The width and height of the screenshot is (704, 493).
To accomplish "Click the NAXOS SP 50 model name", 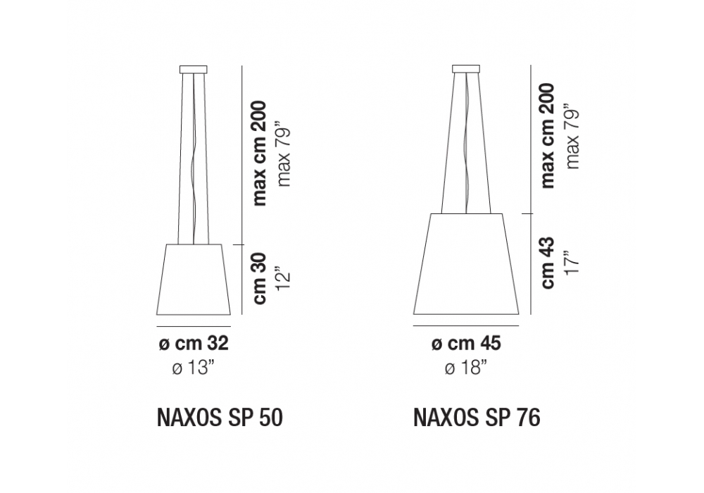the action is pyautogui.click(x=220, y=418).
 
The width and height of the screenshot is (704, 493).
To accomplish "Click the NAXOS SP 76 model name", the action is pyautogui.click(x=477, y=418).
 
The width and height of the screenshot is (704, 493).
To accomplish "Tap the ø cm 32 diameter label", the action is pyautogui.click(x=194, y=344).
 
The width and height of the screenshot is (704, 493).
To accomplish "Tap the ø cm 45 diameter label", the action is pyautogui.click(x=466, y=344).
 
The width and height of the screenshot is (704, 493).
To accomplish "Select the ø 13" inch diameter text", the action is pyautogui.click(x=194, y=368).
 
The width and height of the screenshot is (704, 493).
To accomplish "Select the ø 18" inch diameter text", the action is pyautogui.click(x=466, y=368).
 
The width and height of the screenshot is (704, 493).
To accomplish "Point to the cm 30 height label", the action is pyautogui.click(x=260, y=279).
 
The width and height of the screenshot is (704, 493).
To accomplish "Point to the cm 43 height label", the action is pyautogui.click(x=548, y=263).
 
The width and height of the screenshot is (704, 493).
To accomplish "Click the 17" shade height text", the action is pyautogui.click(x=572, y=263).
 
